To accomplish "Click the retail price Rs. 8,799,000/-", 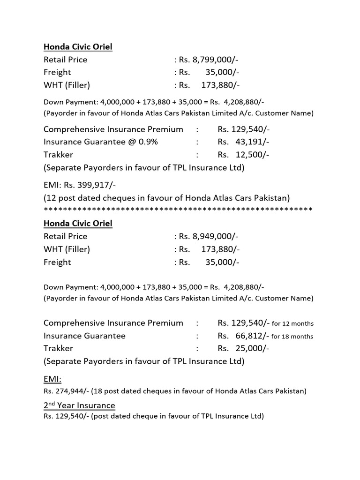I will click(209, 60).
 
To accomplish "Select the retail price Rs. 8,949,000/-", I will click(209, 236).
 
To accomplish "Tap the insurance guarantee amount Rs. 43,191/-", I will click(243, 142).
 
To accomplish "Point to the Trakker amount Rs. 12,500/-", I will click(243, 155).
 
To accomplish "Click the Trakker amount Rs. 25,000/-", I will click(243, 348).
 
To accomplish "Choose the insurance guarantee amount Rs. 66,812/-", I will click(243, 336).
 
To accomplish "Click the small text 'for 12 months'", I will click(292, 324).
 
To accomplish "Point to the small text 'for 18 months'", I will click(292, 337).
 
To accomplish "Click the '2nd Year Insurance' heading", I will click(79, 405).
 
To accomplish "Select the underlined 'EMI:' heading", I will click(52, 378).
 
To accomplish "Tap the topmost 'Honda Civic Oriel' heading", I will click(78, 46).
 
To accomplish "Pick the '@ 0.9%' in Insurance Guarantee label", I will click(142, 142).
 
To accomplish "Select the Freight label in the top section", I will click(57, 72).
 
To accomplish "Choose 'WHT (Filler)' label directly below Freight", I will click(67, 85).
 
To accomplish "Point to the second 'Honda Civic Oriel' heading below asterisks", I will click(78, 223).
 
